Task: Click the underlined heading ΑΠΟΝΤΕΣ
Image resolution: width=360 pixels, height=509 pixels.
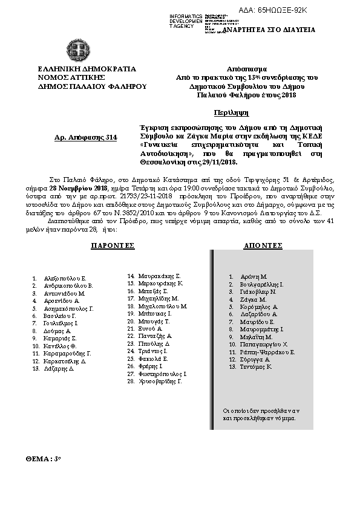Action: pos(263,246)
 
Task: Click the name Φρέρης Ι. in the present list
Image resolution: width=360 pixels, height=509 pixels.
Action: pos(149,366)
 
